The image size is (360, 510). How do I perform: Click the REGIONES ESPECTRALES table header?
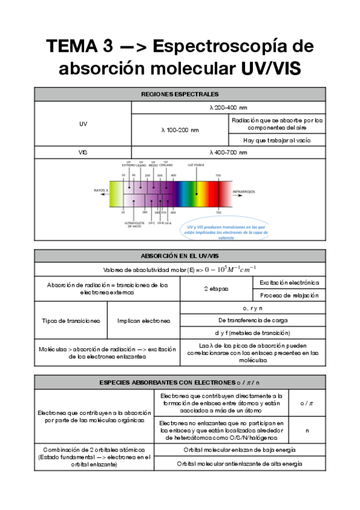(180, 94)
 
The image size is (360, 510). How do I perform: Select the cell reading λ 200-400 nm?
(228, 108)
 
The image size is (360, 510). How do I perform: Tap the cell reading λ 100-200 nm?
(180, 129)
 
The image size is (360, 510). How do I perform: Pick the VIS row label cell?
(83, 153)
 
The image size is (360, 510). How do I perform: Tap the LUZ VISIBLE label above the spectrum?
(196, 164)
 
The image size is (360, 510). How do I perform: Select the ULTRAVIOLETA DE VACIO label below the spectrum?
(132, 224)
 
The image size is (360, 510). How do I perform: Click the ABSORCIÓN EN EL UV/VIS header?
(180, 255)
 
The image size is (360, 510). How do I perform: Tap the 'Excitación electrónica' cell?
(290, 282)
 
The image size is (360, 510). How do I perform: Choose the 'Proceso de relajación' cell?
(290, 295)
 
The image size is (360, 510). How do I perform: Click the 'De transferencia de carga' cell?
(253, 321)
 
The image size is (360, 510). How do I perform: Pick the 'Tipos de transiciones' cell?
(71, 321)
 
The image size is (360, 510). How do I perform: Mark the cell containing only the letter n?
(307, 431)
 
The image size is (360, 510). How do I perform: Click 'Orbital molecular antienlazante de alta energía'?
(240, 464)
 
